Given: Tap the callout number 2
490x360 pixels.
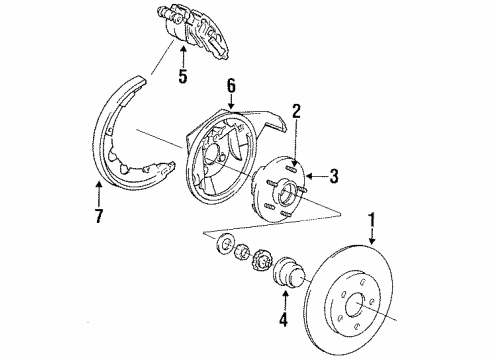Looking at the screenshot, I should click(x=296, y=113).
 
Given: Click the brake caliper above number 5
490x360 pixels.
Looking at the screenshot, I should click(x=196, y=30).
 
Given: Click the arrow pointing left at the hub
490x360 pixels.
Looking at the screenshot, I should click(x=312, y=178).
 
